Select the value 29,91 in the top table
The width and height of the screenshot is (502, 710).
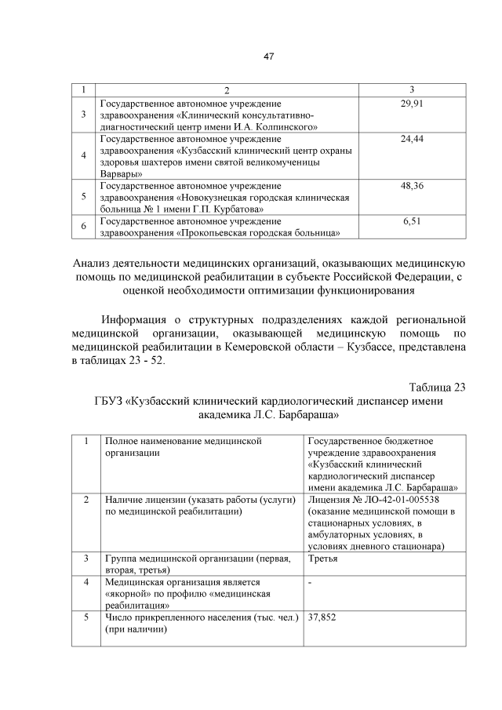tap(412, 103)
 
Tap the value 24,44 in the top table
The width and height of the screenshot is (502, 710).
tap(412, 139)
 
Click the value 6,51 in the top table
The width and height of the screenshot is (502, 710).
tap(412, 222)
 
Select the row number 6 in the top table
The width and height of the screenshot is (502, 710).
tap(84, 228)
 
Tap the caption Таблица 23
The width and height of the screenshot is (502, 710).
tap(438, 387)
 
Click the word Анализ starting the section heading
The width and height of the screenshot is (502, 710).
tap(95, 262)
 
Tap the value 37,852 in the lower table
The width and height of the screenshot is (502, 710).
tap(322, 617)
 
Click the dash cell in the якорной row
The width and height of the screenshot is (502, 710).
tap(311, 583)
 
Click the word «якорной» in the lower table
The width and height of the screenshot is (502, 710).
tap(125, 594)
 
